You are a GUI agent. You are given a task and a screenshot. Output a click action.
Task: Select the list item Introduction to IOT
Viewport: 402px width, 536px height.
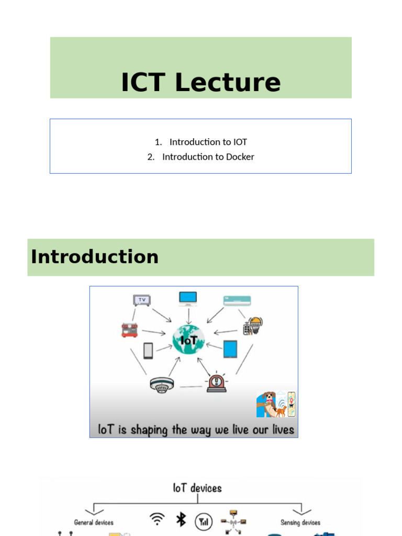pyautogui.click(x=208, y=142)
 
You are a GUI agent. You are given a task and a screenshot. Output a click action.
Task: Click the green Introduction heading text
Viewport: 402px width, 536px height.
pyautogui.click(x=95, y=257)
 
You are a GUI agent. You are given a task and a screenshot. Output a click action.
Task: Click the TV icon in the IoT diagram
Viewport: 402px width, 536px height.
pyautogui.click(x=141, y=300)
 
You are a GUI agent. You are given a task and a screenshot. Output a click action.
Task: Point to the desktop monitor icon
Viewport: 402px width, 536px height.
pyautogui.click(x=188, y=298)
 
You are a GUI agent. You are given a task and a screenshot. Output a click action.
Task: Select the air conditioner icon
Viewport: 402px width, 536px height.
pyautogui.click(x=237, y=300)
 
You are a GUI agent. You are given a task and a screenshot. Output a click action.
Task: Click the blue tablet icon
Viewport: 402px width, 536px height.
pyautogui.click(x=230, y=349)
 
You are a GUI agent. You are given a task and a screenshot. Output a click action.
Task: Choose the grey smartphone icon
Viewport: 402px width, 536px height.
pyautogui.click(x=148, y=351)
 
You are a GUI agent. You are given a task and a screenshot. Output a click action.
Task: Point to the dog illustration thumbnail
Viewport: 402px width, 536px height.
pyautogui.click(x=276, y=404)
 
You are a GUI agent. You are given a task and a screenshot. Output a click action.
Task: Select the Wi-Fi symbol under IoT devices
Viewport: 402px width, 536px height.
pyautogui.click(x=156, y=519)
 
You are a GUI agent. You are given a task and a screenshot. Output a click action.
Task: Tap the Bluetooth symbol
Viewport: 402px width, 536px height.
pyautogui.click(x=181, y=519)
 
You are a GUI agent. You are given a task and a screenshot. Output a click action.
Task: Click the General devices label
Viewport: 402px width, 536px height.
pyautogui.click(x=94, y=522)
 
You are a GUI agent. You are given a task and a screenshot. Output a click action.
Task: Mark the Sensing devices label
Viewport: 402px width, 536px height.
pyautogui.click(x=300, y=522)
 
